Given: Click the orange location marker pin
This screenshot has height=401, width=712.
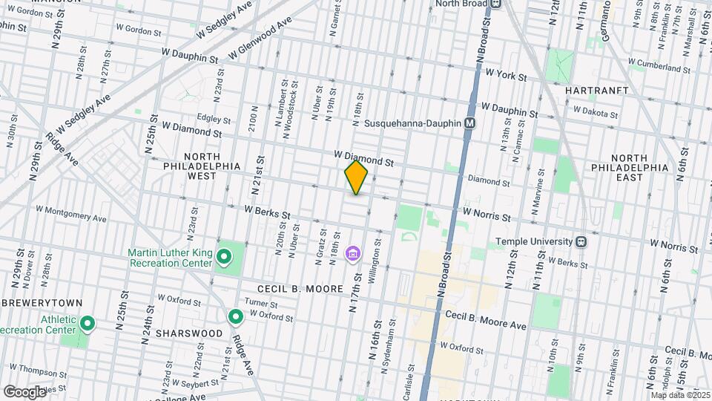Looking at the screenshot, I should coord(357,177).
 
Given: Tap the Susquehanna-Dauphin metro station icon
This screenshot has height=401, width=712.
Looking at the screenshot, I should coord(469,123).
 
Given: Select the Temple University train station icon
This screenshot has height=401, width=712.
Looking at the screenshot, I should coord(582,242).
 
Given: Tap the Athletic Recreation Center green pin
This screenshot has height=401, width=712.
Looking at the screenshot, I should coord(88,323).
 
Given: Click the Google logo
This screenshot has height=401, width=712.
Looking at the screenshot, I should coord(24,391).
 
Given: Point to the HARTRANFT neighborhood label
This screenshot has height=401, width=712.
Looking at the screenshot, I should coord(596,91).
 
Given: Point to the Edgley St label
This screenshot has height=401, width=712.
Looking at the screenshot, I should coord(214,118).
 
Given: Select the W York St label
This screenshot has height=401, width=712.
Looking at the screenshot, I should coord(506,76).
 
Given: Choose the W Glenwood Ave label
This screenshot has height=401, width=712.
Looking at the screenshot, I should coord(260,40).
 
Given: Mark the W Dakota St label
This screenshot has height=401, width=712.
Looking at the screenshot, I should coord(593,114).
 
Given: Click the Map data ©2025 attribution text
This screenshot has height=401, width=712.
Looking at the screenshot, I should coord(678,394).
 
